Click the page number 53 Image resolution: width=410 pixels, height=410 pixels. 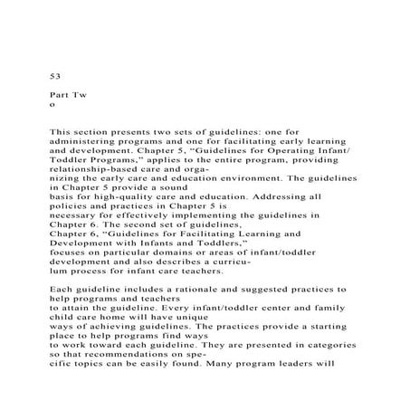click(x=53, y=78)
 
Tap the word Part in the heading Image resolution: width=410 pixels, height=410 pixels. click(x=57, y=94)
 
